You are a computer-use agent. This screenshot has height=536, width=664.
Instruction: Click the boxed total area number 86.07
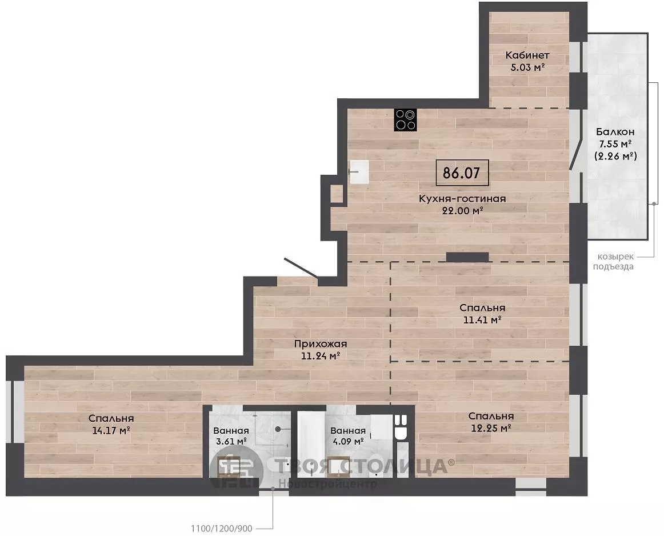[462, 173]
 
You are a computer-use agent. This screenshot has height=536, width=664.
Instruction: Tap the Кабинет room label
[527, 55]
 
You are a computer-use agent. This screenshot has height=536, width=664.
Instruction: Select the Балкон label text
[615, 131]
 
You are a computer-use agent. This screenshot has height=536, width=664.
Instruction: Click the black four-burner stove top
[405, 120]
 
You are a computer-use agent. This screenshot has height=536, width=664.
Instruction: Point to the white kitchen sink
[359, 172]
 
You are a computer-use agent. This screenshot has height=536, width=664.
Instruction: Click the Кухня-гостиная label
[462, 198]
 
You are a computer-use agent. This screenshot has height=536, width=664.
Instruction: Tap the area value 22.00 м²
[462, 210]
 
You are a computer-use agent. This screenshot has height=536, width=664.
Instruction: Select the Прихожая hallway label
[321, 344]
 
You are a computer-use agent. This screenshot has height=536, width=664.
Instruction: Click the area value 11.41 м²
[482, 319]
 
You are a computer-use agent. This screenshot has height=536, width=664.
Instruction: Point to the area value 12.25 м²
[491, 428]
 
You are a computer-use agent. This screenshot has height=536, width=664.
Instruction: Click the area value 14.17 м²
[110, 430]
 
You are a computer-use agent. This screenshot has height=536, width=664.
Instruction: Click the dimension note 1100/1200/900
[222, 529]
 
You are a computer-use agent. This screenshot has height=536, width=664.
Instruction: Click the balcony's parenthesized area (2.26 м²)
[615, 156]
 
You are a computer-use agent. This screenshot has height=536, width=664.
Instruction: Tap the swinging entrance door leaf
[301, 268]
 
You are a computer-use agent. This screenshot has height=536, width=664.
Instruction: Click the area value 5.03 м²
[527, 67]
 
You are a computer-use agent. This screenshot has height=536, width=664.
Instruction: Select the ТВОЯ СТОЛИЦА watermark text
[362, 466]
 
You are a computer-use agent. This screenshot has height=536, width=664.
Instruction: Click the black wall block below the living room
[467, 257]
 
